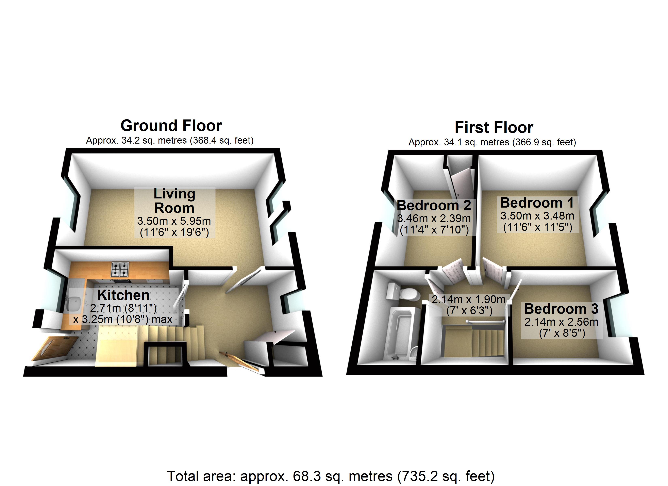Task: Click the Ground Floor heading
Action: tap(171, 126)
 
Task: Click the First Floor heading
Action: tap(494, 128)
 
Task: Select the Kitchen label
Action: tap(123, 295)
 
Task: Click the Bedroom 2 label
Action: tap(434, 205)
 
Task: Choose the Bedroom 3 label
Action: tap(561, 309)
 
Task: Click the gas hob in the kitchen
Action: tap(120, 269)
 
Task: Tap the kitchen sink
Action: tap(74, 304)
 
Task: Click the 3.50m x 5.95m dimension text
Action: tap(174, 221)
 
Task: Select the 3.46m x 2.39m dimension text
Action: tap(434, 218)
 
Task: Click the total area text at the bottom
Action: tap(331, 476)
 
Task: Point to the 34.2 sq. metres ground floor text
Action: tap(170, 141)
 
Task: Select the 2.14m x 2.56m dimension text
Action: tap(561, 322)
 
